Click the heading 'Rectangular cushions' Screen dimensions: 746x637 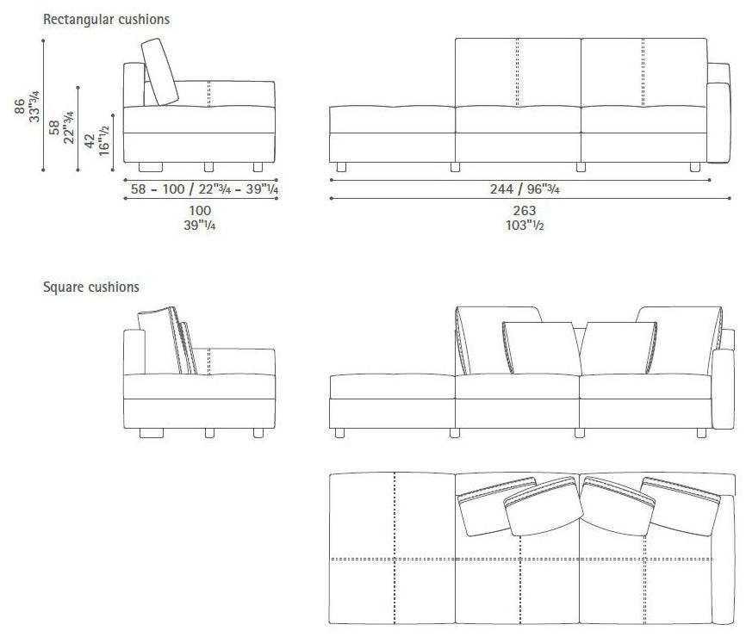[106, 20]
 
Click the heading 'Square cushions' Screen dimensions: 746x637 [90, 288]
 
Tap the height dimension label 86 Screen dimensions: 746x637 [20, 106]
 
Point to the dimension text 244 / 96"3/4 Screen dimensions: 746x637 [525, 189]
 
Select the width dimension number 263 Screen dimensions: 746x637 [525, 210]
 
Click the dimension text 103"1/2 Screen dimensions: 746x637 [525, 225]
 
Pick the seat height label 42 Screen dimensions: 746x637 [90, 140]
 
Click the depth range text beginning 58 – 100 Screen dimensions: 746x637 [204, 189]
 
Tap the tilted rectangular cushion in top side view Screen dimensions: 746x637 [160, 71]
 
